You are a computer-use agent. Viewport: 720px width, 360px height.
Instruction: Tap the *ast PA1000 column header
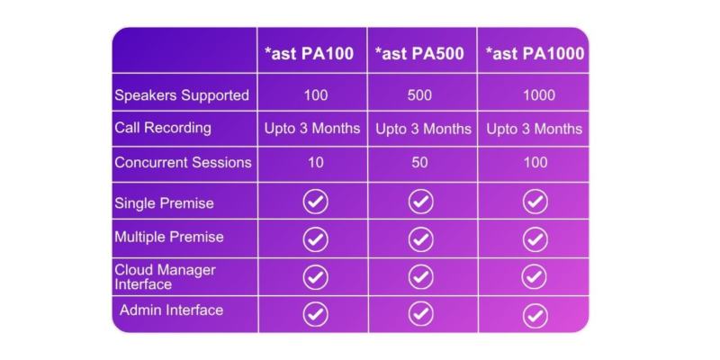[535, 54]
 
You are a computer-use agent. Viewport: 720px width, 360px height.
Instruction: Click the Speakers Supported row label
[182, 94]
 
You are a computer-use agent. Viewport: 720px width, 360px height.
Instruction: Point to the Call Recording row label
[163, 128]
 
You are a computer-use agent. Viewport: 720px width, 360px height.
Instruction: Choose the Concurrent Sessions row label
[183, 163]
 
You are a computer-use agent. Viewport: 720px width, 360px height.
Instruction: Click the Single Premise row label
[164, 203]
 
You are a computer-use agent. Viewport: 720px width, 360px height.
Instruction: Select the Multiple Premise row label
[169, 238]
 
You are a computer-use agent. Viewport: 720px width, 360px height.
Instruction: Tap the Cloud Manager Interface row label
[165, 276]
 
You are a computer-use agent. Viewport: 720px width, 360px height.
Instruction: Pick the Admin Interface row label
[171, 310]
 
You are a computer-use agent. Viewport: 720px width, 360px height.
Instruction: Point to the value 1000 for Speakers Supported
[535, 95]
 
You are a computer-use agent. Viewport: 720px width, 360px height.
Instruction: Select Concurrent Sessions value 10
[315, 164]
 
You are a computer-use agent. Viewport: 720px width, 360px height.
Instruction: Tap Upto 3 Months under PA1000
[535, 129]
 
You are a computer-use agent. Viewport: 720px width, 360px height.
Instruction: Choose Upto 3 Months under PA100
[312, 129]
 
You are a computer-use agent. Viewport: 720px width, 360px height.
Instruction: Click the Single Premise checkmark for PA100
[315, 202]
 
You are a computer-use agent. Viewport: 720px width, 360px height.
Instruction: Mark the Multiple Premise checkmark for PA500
[421, 239]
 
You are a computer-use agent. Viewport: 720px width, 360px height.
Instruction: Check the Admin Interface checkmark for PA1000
[535, 315]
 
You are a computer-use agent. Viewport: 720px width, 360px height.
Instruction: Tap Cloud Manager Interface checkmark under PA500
[421, 276]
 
